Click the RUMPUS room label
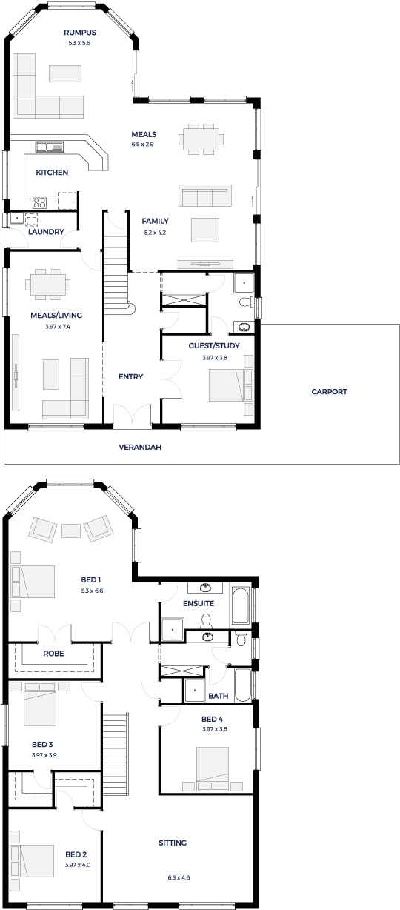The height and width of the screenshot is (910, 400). (x=80, y=33)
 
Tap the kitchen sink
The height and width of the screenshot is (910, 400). (x=50, y=146)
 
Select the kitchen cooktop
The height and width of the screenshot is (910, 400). (x=39, y=202)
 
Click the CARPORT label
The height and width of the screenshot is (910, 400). (x=330, y=391)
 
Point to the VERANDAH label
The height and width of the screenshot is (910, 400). (x=140, y=447)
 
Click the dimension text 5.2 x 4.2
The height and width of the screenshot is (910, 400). (x=155, y=233)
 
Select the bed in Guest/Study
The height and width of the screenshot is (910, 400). (x=226, y=385)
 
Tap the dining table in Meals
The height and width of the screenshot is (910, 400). (x=201, y=139)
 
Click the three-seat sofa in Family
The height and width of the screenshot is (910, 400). (x=205, y=196)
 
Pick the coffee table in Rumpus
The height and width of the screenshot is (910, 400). (x=65, y=73)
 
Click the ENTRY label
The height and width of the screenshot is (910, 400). (x=131, y=376)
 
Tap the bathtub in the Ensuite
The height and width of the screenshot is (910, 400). (x=241, y=605)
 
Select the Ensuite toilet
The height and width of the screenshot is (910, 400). (x=206, y=620)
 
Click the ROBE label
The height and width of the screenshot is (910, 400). (x=53, y=654)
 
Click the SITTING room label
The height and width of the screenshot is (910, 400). (x=173, y=843)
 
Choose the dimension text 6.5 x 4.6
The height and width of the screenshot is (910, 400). (x=179, y=877)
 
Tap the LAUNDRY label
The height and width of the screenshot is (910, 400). (x=46, y=231)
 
